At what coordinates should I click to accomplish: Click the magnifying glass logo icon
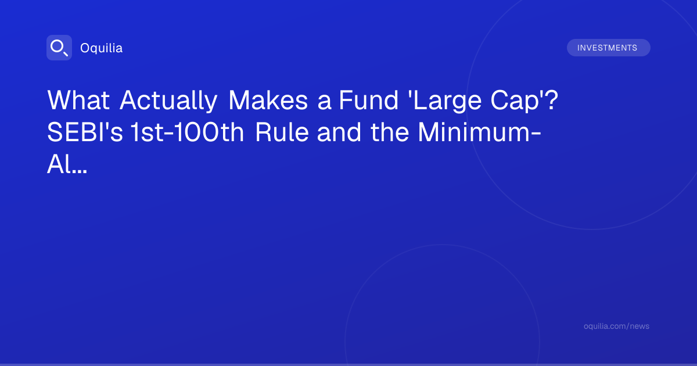[59, 48]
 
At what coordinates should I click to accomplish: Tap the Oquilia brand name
[102, 48]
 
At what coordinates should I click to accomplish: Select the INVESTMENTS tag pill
[608, 48]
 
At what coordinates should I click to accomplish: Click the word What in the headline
[78, 100]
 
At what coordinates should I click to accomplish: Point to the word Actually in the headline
[168, 100]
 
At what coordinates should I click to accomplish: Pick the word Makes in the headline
[268, 100]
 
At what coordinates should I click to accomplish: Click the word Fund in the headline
[368, 100]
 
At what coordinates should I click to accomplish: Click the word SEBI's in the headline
[85, 132]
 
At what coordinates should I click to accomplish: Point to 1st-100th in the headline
[187, 132]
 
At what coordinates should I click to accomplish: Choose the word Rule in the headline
[282, 132]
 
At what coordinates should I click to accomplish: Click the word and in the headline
[339, 132]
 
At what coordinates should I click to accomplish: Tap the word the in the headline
[390, 132]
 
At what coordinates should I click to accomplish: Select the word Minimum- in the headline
[480, 132]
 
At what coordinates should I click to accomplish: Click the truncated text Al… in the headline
[67, 164]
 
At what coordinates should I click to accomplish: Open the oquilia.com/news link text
[616, 326]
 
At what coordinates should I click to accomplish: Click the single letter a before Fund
[324, 103]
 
